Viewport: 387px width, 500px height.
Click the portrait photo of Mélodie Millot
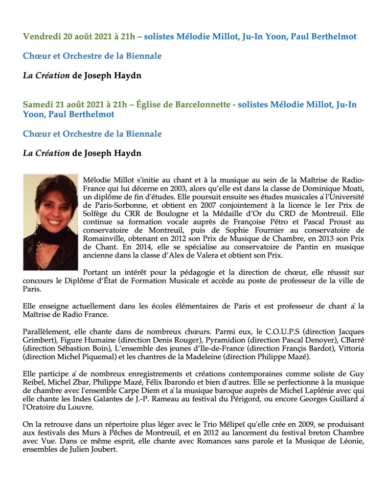point(50,222)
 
